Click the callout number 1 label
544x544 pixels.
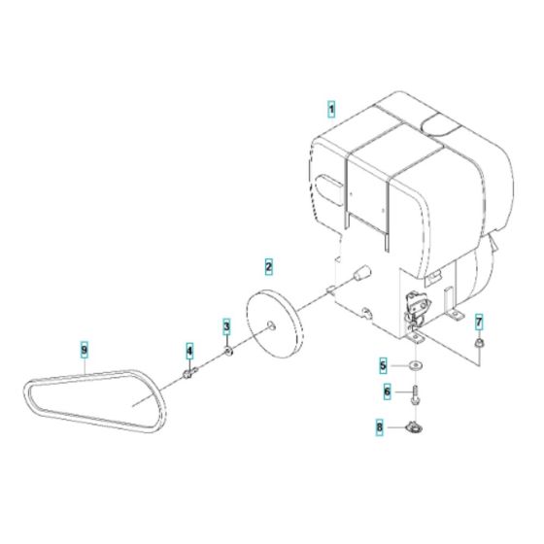pos(330,111)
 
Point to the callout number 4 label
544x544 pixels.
pos(190,350)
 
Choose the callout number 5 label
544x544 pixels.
pos(384,366)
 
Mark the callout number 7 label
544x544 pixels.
pos(478,322)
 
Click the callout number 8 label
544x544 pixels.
pos(381,425)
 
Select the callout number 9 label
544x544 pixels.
pos(85,349)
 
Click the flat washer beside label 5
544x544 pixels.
pos(417,366)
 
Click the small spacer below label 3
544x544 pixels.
pos(227,350)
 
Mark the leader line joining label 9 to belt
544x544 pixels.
pos(86,366)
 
